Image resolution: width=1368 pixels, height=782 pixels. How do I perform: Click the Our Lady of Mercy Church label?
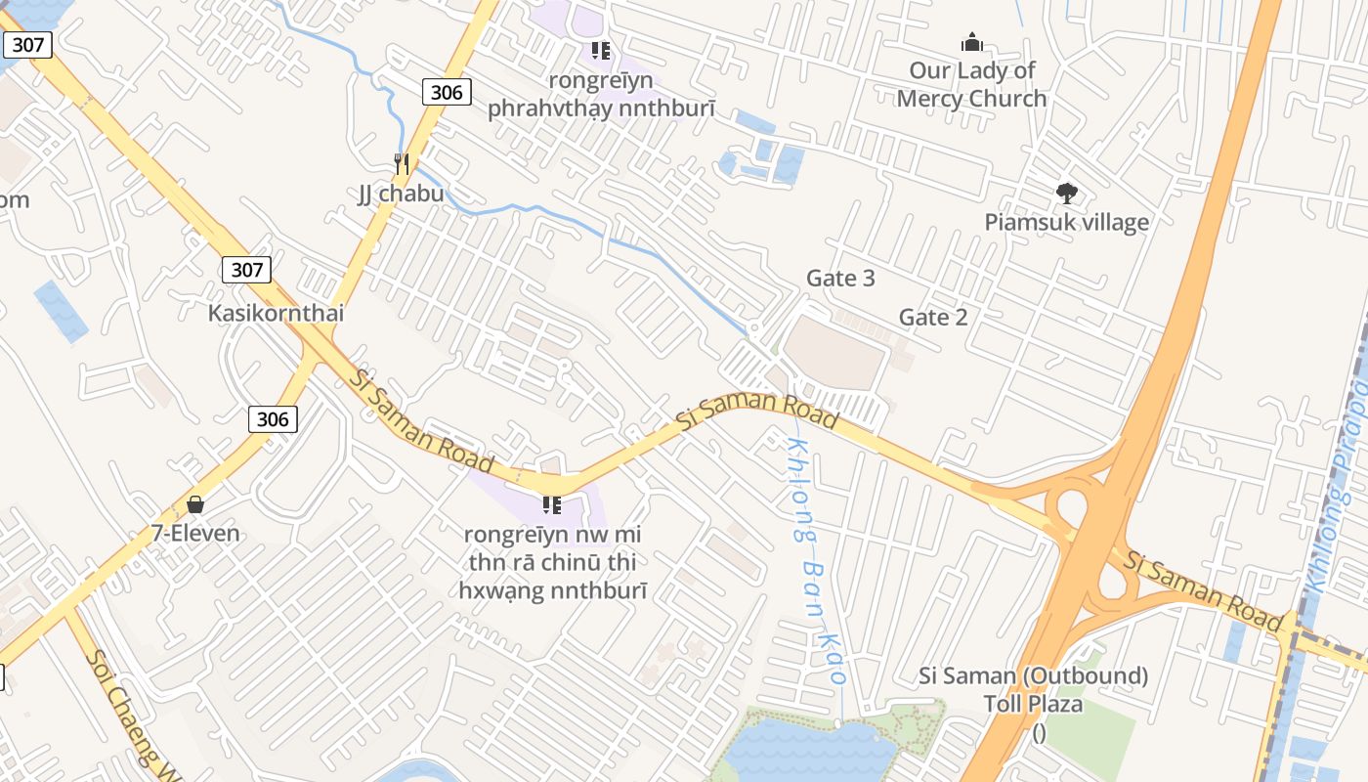971,84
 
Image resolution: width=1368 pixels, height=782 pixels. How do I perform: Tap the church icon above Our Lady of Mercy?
971,42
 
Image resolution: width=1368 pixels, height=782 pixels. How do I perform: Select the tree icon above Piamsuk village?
1066,194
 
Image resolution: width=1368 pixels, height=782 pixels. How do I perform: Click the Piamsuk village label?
1066,222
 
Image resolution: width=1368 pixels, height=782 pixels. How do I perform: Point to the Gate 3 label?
840,279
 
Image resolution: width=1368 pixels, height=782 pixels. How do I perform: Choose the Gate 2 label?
933,317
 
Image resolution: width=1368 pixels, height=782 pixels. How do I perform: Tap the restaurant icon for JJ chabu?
401,163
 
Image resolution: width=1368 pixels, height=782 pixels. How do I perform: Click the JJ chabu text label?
401,194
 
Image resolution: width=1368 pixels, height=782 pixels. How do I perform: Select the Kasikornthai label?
276,314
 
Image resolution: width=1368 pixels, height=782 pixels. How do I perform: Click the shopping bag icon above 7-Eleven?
195,504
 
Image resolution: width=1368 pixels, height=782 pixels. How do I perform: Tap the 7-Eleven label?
195,534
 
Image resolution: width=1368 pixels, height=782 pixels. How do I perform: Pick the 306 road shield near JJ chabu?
447,92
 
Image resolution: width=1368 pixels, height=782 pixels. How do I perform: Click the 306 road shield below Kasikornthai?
273,419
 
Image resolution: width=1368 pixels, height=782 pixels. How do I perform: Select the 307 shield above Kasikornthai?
246,269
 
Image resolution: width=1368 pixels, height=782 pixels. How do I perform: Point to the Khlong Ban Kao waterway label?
817,567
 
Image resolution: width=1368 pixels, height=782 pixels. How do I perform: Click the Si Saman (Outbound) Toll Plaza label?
1034,690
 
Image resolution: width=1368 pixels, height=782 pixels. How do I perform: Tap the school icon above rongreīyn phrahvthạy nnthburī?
601,50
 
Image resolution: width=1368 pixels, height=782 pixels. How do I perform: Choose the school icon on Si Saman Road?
552,504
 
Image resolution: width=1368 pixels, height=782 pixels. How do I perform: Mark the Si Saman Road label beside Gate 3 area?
758,410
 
